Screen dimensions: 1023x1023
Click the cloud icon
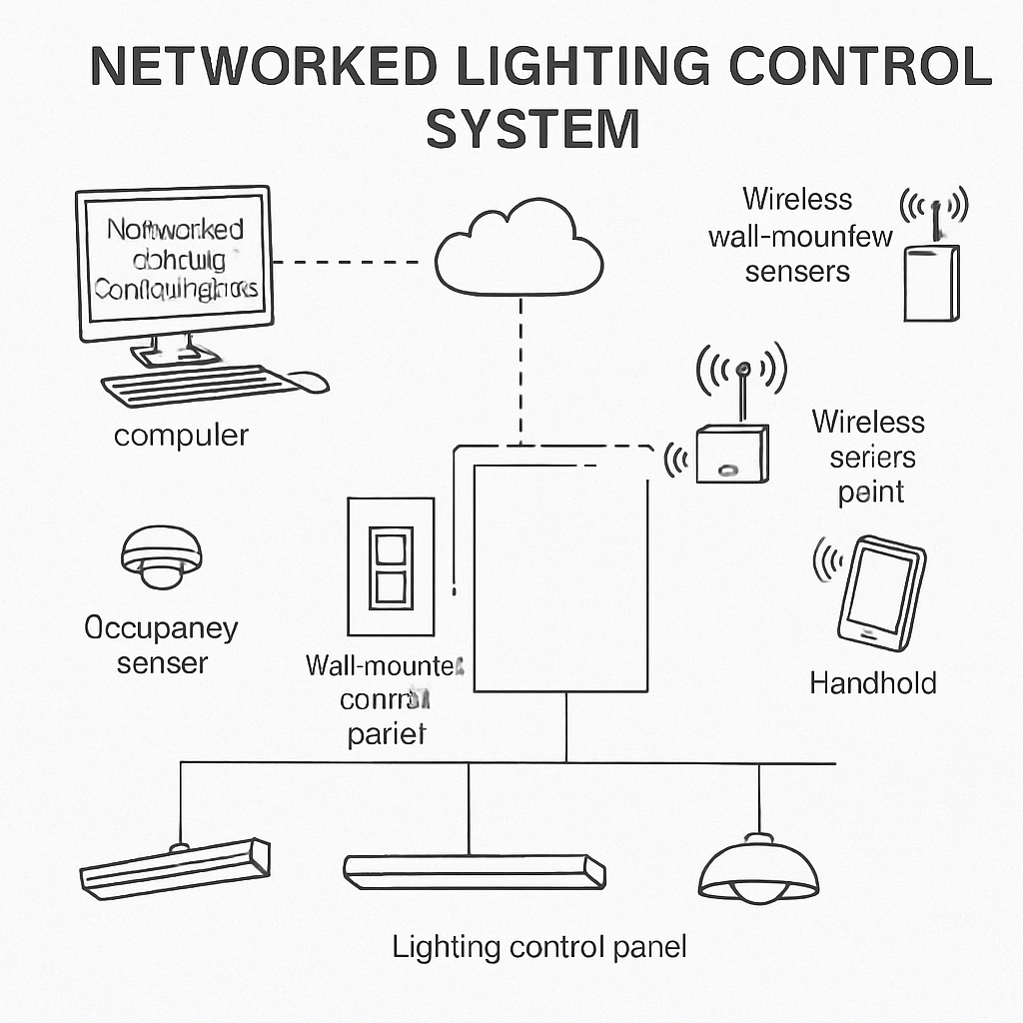pos(519,249)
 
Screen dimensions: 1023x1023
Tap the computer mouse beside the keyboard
pos(309,381)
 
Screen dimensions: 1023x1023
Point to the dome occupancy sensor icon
pos(161,555)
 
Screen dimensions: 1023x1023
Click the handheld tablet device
pos(880,593)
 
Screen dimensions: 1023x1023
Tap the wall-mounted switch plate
pos(391,566)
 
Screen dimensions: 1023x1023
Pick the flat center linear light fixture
pos(474,870)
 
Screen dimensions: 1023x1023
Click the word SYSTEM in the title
pos(532,129)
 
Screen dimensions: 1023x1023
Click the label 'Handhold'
pos(872,683)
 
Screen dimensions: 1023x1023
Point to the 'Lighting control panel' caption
pos(539,946)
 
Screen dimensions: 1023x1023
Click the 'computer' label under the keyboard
pos(181,436)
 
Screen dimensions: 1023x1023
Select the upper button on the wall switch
pos(391,549)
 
